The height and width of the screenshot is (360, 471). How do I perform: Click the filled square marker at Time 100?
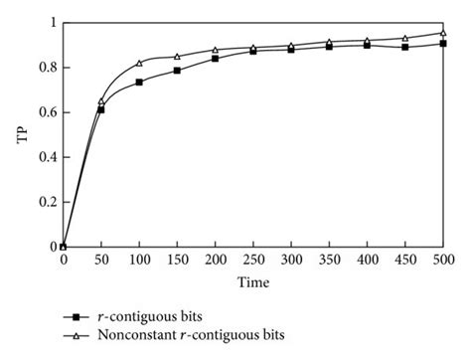click(139, 83)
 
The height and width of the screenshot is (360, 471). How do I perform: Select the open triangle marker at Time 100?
click(139, 63)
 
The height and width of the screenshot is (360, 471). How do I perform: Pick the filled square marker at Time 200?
click(215, 59)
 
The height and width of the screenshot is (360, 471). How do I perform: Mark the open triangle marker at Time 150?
click(177, 57)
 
